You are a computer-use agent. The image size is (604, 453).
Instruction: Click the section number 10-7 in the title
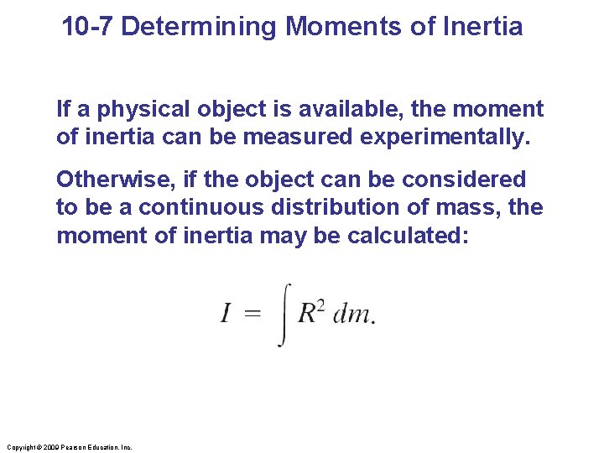pos(88,27)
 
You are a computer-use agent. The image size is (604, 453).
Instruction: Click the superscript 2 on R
pos(320,305)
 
